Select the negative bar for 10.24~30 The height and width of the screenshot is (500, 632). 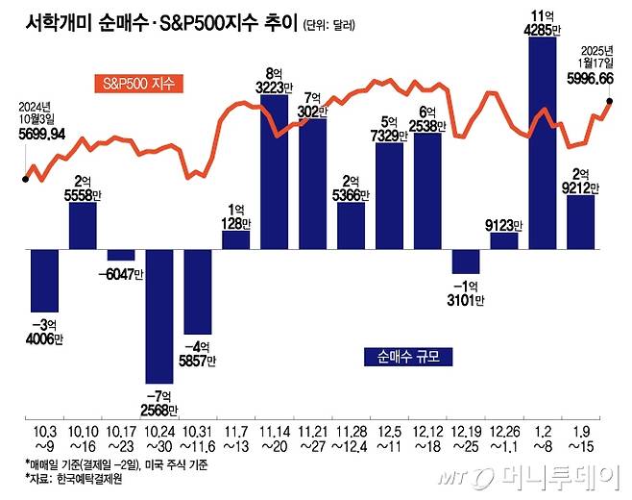pyautogui.click(x=159, y=315)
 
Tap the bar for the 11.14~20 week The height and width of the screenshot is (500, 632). pyautogui.click(x=274, y=171)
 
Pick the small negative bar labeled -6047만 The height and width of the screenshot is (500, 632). pyautogui.click(x=121, y=255)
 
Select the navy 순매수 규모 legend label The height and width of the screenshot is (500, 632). pyautogui.click(x=408, y=357)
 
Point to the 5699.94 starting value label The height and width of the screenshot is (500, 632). pyautogui.click(x=41, y=136)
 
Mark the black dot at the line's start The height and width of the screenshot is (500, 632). pyautogui.click(x=25, y=178)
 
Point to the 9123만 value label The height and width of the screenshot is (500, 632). pyautogui.click(x=504, y=226)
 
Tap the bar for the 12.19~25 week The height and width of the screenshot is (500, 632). pyautogui.click(x=466, y=262)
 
